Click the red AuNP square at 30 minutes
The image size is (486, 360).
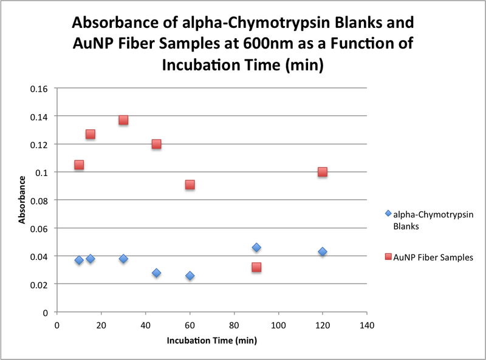[x=123, y=120]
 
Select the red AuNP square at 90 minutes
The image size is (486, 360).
[x=256, y=267]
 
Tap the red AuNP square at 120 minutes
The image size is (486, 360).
[x=323, y=172]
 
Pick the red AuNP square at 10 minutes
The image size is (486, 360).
[x=79, y=165]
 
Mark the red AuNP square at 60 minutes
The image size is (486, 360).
[x=190, y=185]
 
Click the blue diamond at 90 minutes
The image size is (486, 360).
[x=256, y=247]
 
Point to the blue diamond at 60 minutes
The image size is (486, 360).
[x=190, y=276]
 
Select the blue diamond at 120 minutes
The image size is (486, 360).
[x=323, y=251]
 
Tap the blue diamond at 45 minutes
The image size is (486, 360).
[x=156, y=273]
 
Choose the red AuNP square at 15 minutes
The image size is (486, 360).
[x=90, y=134]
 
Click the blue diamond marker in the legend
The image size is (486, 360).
[x=388, y=214]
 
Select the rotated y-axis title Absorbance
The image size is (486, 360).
[x=22, y=200]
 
